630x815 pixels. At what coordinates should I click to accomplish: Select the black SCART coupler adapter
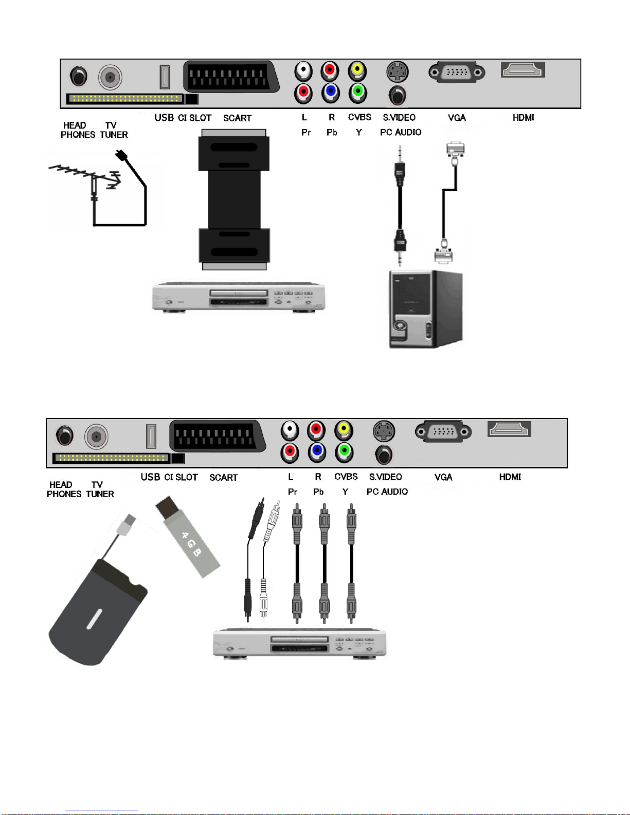234,200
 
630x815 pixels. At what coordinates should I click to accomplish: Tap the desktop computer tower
426,309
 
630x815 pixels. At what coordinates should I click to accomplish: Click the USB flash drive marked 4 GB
188,537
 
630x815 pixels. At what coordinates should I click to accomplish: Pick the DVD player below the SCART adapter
239,297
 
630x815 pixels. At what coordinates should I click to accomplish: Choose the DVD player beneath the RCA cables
299,644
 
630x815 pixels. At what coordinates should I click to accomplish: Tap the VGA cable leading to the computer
449,203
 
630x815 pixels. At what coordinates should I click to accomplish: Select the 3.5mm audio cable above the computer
400,206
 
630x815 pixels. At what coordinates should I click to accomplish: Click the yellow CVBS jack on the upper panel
357,70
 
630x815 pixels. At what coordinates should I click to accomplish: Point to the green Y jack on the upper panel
358,93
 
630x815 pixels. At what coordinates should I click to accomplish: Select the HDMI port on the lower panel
509,429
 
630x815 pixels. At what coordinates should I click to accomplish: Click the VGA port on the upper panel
457,71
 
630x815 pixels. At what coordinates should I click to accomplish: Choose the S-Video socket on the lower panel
384,431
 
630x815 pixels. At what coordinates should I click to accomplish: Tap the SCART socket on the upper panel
231,77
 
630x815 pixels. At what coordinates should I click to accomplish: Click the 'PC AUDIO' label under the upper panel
401,132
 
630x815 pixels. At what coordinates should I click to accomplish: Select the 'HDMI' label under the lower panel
510,477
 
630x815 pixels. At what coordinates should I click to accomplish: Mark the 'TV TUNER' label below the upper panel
114,130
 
